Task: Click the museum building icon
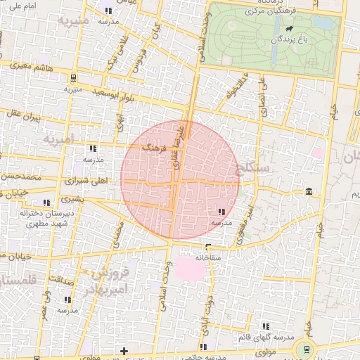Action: tap(309, 192)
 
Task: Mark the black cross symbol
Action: tap(124, 349)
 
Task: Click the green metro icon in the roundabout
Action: tap(305, 349)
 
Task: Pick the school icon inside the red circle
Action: tap(221, 212)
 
